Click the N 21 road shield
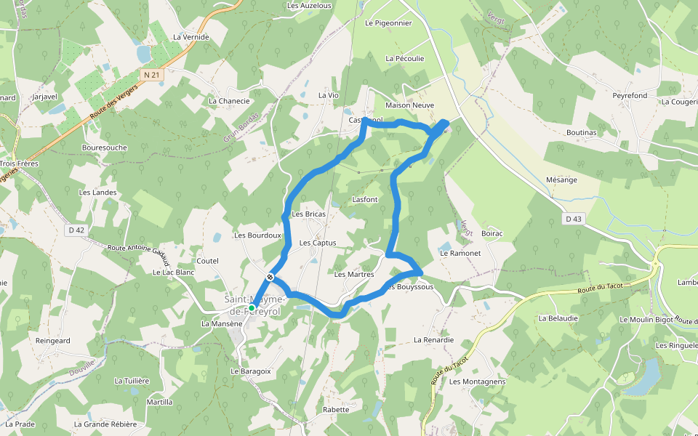pos(151,75)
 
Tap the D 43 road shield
pos(574,219)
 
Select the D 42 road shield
pos(76,230)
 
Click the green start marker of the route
pos(252,308)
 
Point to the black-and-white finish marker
pos(270,277)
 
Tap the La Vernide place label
pos(191,37)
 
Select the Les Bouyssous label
pos(411,287)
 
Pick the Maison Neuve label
pos(409,105)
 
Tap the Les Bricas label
pos(308,214)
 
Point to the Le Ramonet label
pos(460,254)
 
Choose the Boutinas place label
pos(581,133)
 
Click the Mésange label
pos(561,180)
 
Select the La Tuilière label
pos(132,381)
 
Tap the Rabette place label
pos(336,410)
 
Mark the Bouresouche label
pos(105,148)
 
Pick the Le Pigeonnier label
pos(388,23)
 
